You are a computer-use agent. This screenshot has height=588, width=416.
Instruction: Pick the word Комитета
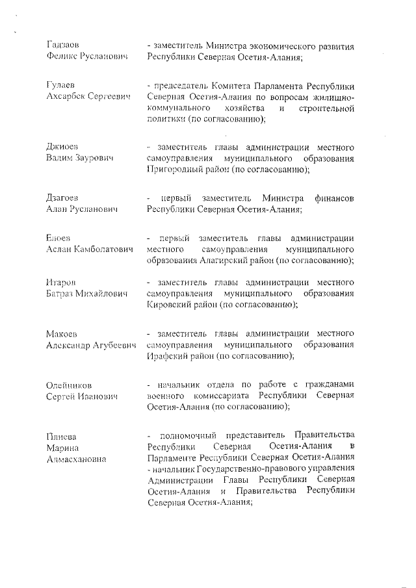(229, 86)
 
